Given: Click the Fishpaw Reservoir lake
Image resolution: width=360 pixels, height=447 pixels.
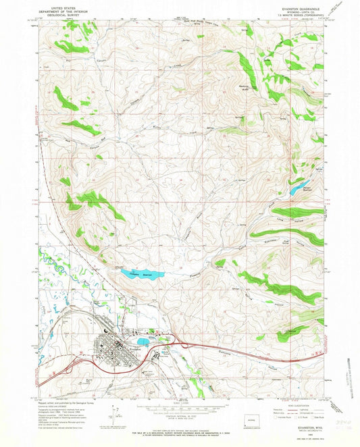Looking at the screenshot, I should click(143, 274).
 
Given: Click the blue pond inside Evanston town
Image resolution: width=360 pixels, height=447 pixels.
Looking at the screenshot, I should click(143, 342).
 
